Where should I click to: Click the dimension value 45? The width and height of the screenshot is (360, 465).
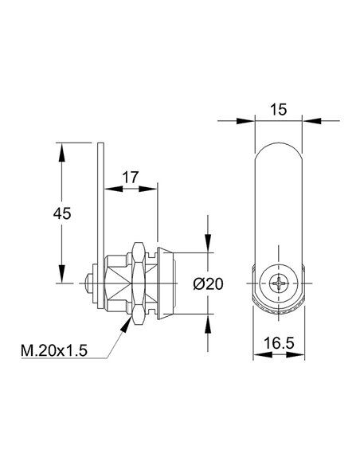coord(62,213)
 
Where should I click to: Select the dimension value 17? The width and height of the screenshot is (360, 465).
coord(131,178)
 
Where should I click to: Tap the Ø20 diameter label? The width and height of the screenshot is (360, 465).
coord(208,284)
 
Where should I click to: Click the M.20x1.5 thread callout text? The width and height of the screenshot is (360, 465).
coord(54,351)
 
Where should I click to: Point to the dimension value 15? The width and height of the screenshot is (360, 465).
coord(279,110)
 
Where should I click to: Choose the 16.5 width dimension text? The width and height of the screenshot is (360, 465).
coord(279,343)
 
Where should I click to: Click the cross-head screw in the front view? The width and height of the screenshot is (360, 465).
coord(279,283)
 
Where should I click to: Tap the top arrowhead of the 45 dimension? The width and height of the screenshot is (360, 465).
coord(61,152)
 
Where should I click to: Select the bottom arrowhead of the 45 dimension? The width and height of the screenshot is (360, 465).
coord(61,274)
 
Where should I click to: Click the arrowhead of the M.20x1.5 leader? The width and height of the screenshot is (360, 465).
coord(126,324)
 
